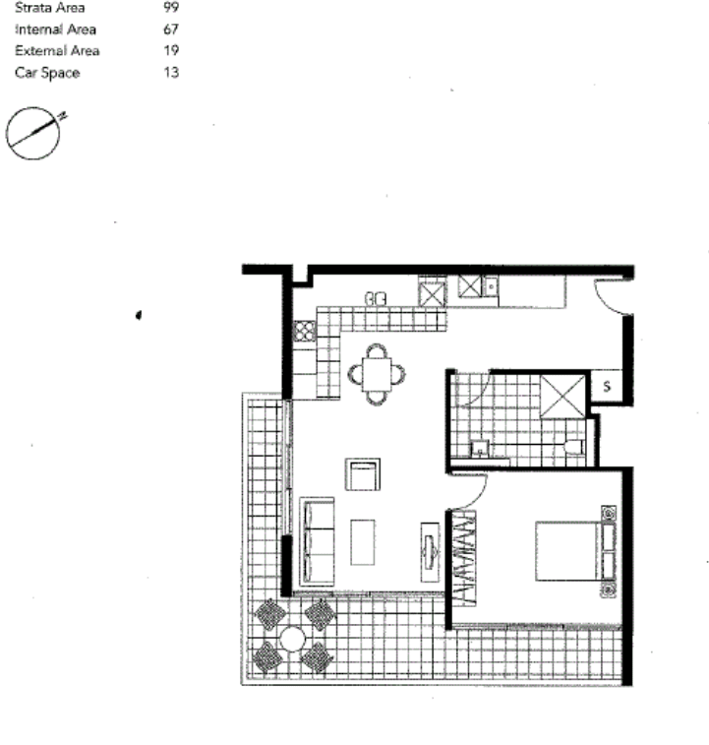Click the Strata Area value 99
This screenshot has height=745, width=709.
pos(170,8)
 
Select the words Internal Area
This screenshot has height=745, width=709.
pos(56,30)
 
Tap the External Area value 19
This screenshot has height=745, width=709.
pos(171,50)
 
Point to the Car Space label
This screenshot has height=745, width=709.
pos(47,73)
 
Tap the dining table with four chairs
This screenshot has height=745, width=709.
pos(377,374)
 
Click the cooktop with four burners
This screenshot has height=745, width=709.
pos(304,331)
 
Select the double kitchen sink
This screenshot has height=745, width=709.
pos(376,299)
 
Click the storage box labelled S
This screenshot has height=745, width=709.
pos(606,387)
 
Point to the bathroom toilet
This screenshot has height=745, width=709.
pos(573,447)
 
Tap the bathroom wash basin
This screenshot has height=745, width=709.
pos(480,448)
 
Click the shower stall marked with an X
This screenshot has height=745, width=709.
pos(562,397)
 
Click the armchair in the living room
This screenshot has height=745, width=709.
pos(363,474)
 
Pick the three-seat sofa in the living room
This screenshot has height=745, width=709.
pos(317,541)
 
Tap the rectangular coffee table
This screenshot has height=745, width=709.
pos(363,542)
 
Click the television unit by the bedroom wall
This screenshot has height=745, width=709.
pos(430,552)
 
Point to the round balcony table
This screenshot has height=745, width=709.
pos(292,639)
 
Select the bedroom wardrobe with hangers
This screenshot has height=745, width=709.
pos(463,558)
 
